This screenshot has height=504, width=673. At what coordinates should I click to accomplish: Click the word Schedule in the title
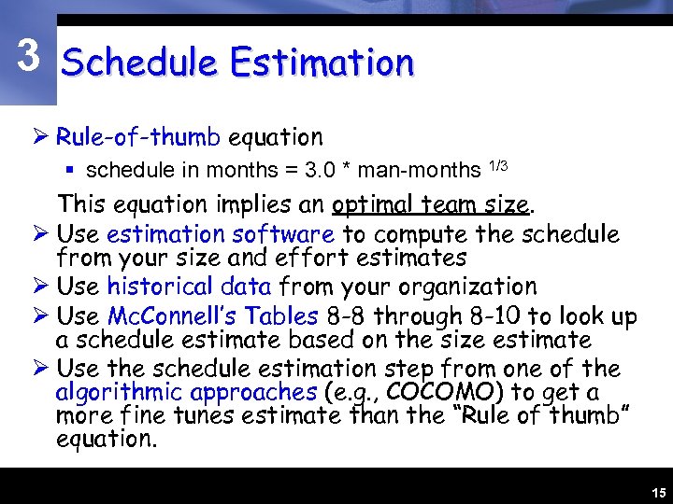(x=138, y=63)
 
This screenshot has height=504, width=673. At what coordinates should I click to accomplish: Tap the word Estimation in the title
(x=322, y=63)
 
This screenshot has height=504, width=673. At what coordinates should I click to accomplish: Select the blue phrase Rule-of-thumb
(x=137, y=137)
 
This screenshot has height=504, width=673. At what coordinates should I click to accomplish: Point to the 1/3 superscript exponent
(x=498, y=166)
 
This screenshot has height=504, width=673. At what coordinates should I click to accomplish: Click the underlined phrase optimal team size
(x=431, y=203)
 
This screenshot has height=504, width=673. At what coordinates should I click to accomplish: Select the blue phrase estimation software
(x=220, y=233)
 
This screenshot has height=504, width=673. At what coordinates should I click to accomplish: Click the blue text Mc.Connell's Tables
(x=212, y=316)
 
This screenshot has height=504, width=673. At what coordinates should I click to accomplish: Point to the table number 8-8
(x=345, y=316)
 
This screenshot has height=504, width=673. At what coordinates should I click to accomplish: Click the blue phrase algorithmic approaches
(x=185, y=392)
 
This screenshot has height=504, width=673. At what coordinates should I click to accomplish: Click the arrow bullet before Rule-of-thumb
(x=41, y=138)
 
